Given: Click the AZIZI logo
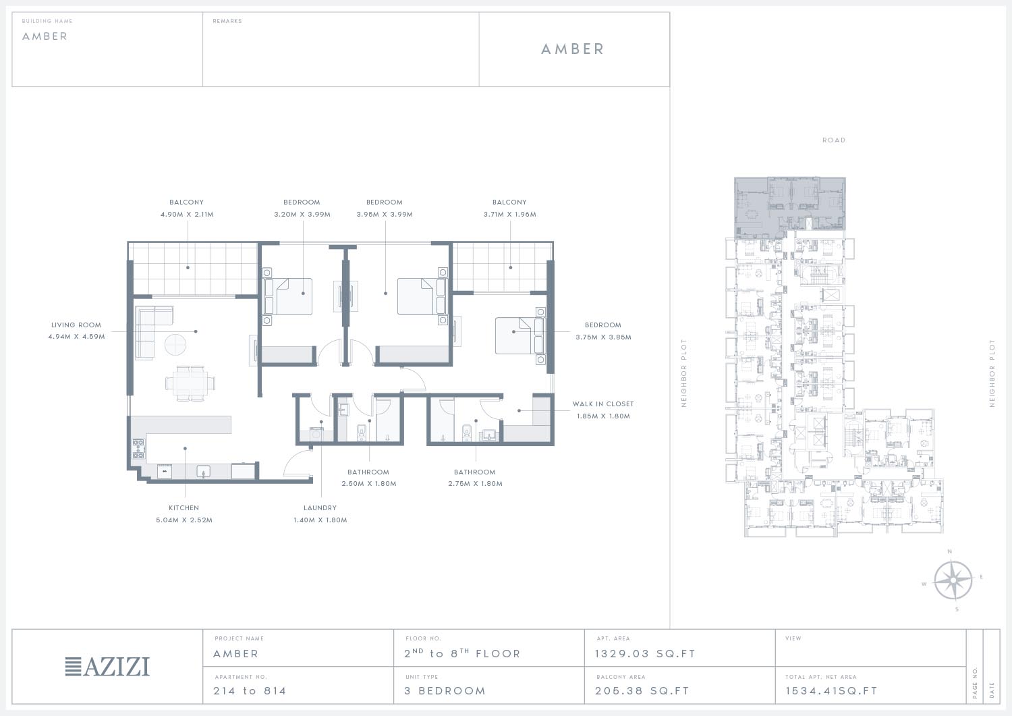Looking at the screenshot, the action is (107, 667).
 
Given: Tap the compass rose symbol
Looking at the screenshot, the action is (953, 580).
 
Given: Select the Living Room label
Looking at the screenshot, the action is (76, 325).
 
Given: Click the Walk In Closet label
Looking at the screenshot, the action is (602, 404).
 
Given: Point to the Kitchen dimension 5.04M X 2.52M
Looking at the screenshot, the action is (184, 520).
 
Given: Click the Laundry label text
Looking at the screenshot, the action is (320, 508).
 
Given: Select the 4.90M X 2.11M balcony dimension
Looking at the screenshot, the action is (187, 214).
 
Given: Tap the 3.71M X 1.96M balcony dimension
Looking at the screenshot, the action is (509, 214).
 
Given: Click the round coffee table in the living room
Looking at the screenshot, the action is (175, 345).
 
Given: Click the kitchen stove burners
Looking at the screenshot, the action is (138, 449).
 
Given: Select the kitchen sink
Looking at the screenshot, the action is (203, 472).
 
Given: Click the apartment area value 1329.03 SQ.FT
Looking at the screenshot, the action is (645, 654).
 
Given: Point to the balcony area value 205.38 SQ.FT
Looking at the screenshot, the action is (642, 690).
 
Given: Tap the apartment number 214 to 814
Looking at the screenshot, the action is (250, 690).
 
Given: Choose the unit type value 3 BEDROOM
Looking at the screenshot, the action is (445, 690).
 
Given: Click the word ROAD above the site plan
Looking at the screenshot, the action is (833, 140).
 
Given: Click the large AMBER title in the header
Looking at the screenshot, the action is (572, 49).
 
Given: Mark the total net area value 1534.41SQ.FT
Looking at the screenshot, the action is (831, 690).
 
